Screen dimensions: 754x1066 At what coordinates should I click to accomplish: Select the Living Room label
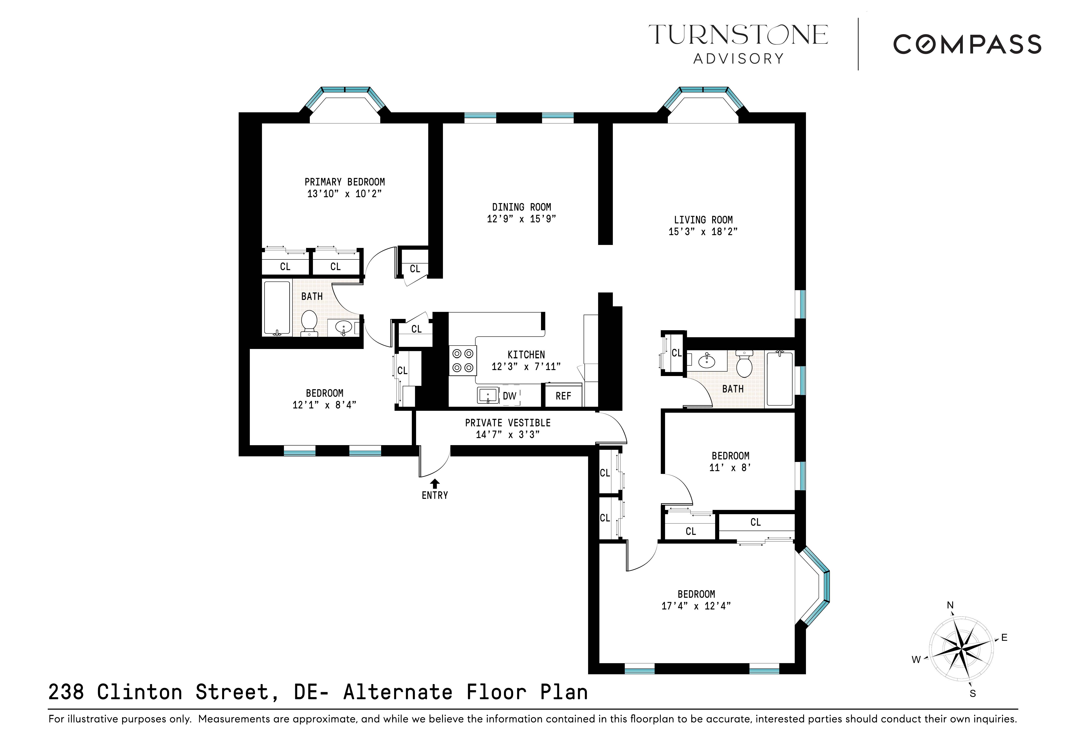703,220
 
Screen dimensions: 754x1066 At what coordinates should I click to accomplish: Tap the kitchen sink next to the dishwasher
487,396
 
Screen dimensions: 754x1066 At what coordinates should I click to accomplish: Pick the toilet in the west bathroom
309,322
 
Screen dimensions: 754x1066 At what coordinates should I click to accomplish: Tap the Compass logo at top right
967,45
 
